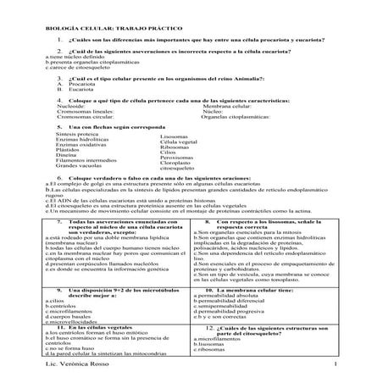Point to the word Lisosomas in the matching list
click(175, 135)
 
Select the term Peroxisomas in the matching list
click(177, 158)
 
